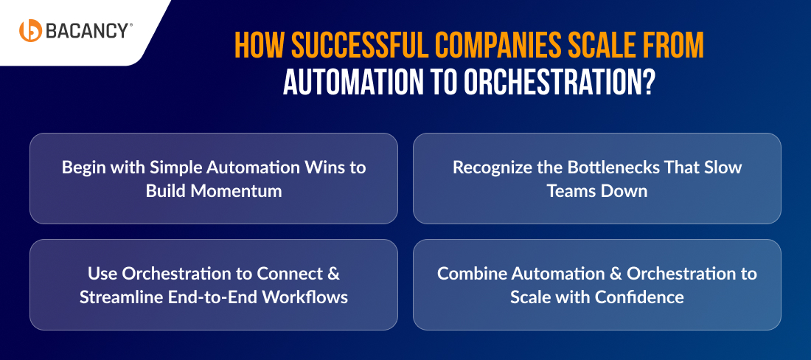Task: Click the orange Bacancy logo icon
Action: point(31,30)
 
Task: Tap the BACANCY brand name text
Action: point(88,30)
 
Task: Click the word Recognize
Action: point(491,167)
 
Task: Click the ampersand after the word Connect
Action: point(333,274)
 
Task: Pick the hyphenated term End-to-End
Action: point(211,297)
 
